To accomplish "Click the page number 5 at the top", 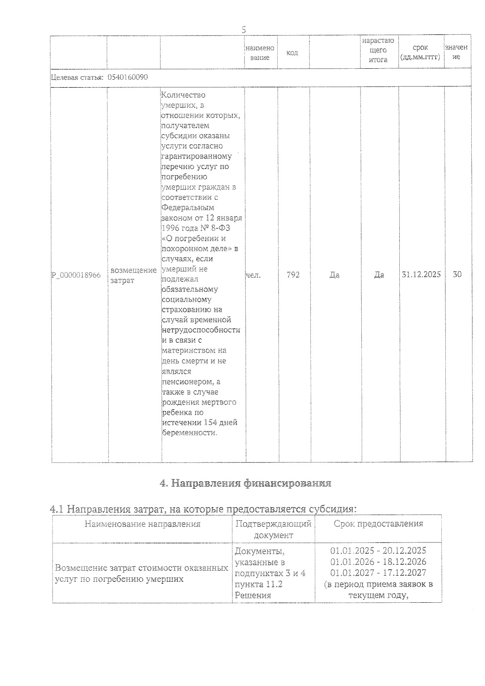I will coord(243,30).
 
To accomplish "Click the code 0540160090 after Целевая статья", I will coord(128,77).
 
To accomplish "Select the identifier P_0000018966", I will coord(76,275).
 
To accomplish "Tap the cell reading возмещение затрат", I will coord(133,275).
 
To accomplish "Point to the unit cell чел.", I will coord(253,275).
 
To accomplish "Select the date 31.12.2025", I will coord(421,274).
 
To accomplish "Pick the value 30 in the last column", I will coord(457,274).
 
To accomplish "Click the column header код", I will coord(292,53).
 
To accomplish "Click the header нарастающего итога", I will coord(378,50).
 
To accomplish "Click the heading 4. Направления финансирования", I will coord(246,483).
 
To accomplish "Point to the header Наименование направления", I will coord(142,524).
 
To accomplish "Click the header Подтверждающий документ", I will coord(273,529).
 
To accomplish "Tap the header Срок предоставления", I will coord(378,524).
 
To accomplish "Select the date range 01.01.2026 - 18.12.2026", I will coord(378,561).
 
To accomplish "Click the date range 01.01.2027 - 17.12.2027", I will coord(378,573).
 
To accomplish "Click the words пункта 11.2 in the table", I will coord(258,584).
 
